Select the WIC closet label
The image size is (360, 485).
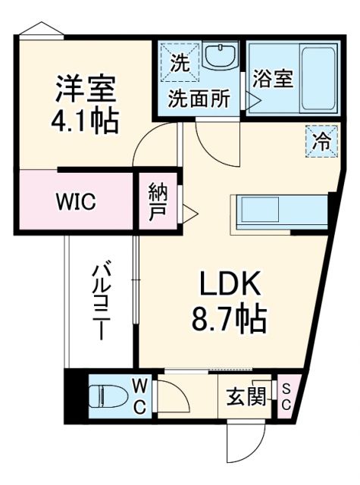point(74,202)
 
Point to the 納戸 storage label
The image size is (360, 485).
point(158,201)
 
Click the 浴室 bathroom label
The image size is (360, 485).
point(274,79)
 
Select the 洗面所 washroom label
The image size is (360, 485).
point(199,99)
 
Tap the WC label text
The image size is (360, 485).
point(141,396)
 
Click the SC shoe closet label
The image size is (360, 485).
point(286,396)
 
